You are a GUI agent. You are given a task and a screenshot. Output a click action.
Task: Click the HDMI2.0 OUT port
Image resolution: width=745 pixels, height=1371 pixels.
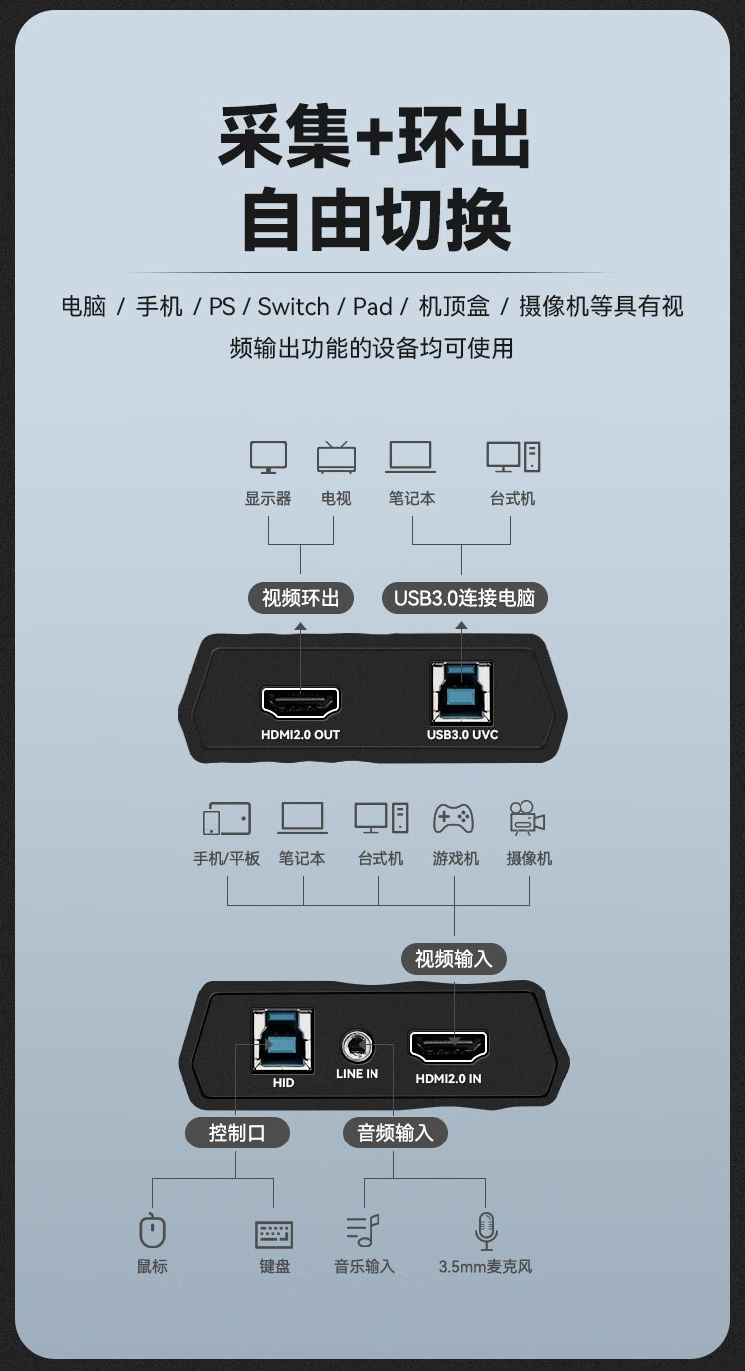tap(301, 703)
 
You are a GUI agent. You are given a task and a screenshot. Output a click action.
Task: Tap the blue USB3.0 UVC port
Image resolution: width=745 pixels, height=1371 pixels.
tap(462, 692)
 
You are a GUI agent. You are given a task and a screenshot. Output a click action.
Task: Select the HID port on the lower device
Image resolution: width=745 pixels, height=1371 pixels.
tap(283, 1041)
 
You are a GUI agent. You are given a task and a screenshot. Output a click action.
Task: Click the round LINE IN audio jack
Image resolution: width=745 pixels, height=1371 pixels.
tap(358, 1047)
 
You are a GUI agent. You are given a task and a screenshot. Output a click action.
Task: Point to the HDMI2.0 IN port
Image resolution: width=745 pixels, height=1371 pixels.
tap(449, 1047)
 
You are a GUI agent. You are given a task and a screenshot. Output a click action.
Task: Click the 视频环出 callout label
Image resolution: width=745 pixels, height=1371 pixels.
tap(301, 598)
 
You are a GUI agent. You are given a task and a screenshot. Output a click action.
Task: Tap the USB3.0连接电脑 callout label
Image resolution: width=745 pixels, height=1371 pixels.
tap(465, 598)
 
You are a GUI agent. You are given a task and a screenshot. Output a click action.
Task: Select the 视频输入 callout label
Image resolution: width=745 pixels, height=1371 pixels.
tap(454, 959)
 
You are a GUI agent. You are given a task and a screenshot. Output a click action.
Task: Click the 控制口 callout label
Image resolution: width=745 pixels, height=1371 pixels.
tap(236, 1133)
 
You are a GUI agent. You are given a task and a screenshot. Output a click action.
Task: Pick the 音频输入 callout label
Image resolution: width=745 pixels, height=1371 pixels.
tap(394, 1133)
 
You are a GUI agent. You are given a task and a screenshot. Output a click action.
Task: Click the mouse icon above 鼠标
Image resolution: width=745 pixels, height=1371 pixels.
tap(152, 1229)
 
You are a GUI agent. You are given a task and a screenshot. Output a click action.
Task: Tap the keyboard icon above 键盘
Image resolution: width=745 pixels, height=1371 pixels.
tap(273, 1235)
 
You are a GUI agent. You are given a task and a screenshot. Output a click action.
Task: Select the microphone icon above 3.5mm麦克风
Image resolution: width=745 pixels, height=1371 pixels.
tap(486, 1231)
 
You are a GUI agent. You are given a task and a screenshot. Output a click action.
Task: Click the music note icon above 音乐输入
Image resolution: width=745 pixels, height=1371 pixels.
tap(363, 1230)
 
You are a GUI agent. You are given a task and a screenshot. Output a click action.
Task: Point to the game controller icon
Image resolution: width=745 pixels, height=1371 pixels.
tap(454, 819)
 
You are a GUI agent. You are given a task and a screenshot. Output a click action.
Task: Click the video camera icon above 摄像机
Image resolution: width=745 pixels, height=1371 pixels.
tap(527, 817)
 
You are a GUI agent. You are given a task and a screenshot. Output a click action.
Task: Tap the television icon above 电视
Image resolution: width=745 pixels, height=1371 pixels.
tap(336, 457)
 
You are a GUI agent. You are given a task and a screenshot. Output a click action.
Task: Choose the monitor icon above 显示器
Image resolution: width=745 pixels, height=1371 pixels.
tap(269, 457)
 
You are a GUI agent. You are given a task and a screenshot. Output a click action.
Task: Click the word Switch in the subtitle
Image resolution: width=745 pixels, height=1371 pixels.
tap(293, 306)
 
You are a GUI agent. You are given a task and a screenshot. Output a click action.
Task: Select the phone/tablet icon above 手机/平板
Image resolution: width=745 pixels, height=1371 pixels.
tap(227, 818)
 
